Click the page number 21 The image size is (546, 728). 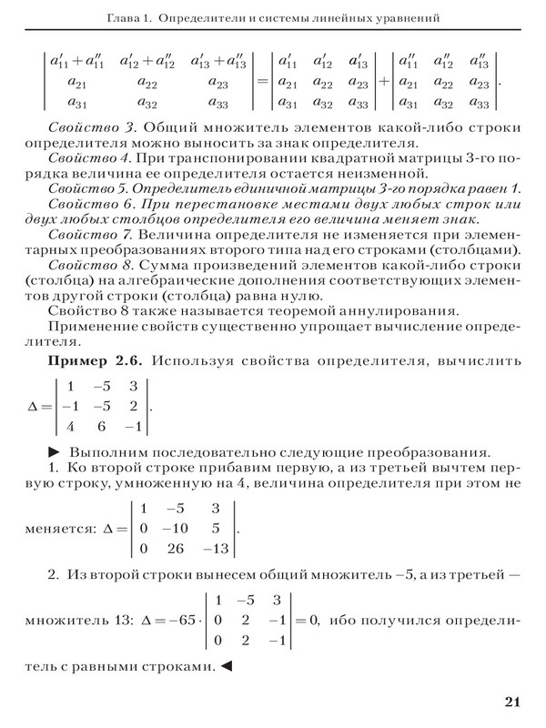(x=510, y=701)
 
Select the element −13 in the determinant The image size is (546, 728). (x=215, y=548)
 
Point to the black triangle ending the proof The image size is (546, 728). (x=227, y=667)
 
